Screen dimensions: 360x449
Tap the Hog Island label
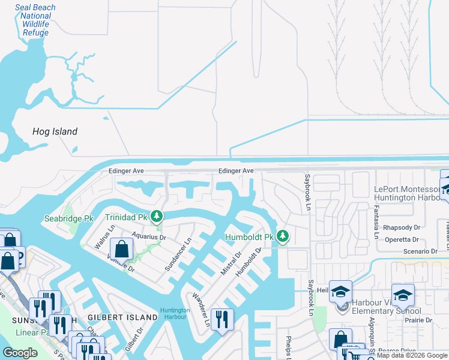click(55, 131)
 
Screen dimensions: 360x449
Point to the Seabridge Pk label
click(66, 219)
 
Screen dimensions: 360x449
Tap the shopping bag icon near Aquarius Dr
click(121, 249)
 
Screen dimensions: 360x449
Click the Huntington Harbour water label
click(175, 313)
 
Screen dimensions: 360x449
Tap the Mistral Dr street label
click(231, 263)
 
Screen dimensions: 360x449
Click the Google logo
click(20, 353)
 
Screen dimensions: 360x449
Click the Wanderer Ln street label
click(200, 310)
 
